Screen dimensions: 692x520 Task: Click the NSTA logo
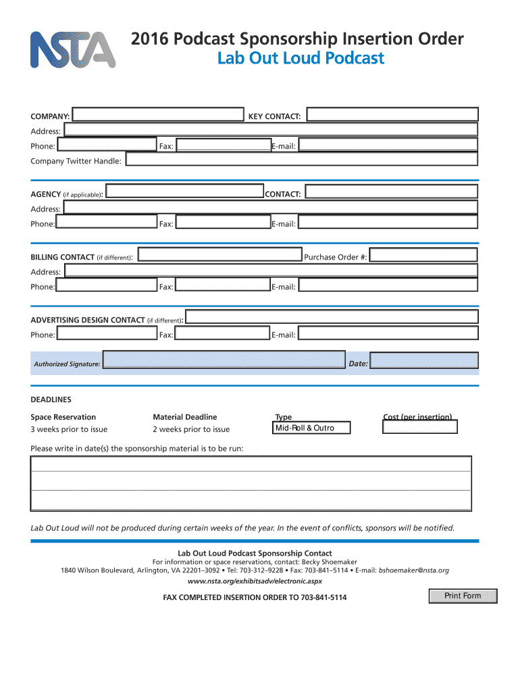pyautogui.click(x=72, y=49)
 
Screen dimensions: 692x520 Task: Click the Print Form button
pyautogui.click(x=463, y=596)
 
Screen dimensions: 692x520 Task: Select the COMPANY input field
pyautogui.click(x=158, y=116)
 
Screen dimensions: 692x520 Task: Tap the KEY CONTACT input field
pyautogui.click(x=390, y=116)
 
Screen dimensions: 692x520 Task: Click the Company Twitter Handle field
pyautogui.click(x=302, y=159)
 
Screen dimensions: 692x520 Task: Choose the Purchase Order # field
pyautogui.click(x=423, y=255)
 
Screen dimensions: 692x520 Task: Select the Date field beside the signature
pyautogui.click(x=425, y=362)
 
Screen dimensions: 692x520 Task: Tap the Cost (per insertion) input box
pyautogui.click(x=419, y=427)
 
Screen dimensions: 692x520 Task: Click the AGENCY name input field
pyautogui.click(x=185, y=193)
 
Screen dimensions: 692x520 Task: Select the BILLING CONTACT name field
pyautogui.click(x=219, y=255)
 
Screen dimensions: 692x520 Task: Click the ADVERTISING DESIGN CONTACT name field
pyautogui.click(x=332, y=318)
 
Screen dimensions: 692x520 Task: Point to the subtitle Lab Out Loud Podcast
pyautogui.click(x=301, y=59)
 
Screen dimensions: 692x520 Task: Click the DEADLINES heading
pyautogui.click(x=51, y=399)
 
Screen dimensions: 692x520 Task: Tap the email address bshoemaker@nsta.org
pyautogui.click(x=413, y=570)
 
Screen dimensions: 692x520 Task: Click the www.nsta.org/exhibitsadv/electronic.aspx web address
pyautogui.click(x=255, y=581)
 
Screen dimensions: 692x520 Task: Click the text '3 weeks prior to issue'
pyautogui.click(x=69, y=430)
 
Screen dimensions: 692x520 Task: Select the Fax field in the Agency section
pyautogui.click(x=222, y=222)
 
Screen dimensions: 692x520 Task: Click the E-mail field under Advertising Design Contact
pyautogui.click(x=388, y=334)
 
